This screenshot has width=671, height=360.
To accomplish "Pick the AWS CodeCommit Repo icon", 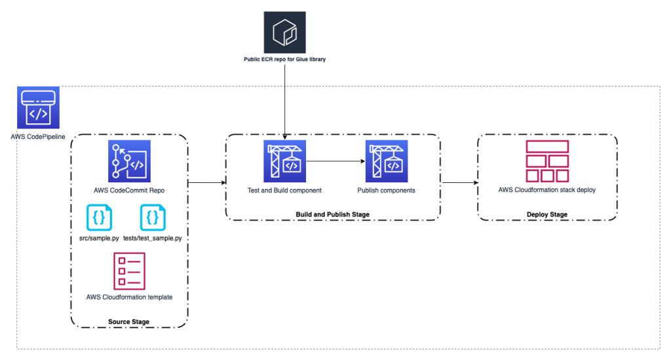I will click(129, 161).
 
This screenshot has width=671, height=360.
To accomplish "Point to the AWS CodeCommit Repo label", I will click(129, 191).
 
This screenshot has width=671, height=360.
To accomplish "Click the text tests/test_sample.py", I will click(152, 239).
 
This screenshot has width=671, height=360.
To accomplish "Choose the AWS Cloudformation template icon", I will click(129, 271).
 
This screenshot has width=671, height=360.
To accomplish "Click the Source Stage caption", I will click(129, 321).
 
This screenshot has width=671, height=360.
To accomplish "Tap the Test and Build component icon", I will click(284, 161).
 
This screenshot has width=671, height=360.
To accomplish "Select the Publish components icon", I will click(387, 161).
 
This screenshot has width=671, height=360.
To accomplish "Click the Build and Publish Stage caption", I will click(332, 214).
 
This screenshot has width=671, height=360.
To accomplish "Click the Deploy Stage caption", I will click(547, 214).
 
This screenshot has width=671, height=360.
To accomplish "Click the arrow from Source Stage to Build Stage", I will click(206, 183).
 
